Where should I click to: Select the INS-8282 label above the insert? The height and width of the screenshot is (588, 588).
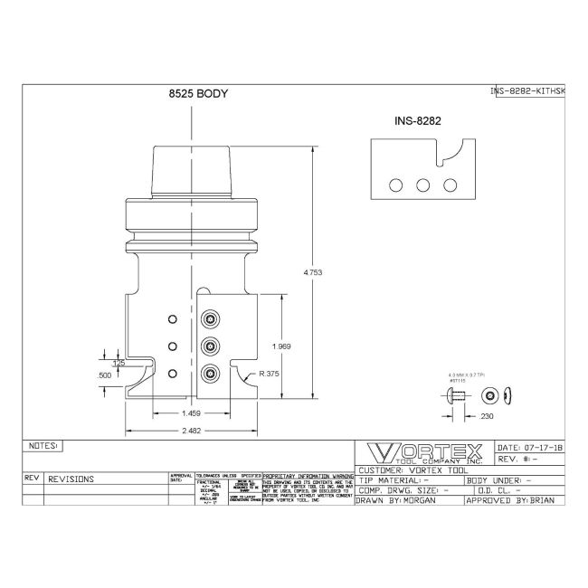pyautogui.click(x=418, y=119)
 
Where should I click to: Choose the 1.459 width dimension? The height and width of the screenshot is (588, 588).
pyautogui.click(x=191, y=413)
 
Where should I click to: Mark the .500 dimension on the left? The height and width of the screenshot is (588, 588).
pyautogui.click(x=105, y=374)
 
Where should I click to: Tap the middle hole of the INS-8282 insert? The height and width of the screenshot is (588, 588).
pyautogui.click(x=422, y=185)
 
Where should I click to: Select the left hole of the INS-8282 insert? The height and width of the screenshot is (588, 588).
pyautogui.click(x=395, y=185)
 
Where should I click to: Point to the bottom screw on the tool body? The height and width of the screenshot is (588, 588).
pyautogui.click(x=211, y=372)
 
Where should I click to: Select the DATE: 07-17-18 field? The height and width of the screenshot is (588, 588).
pyautogui.click(x=530, y=448)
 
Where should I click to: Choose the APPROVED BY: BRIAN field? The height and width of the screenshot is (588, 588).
pyautogui.click(x=512, y=499)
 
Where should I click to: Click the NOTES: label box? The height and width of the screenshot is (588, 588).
pyautogui.click(x=43, y=446)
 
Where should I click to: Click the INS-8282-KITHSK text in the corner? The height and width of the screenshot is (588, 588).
pyautogui.click(x=526, y=90)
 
